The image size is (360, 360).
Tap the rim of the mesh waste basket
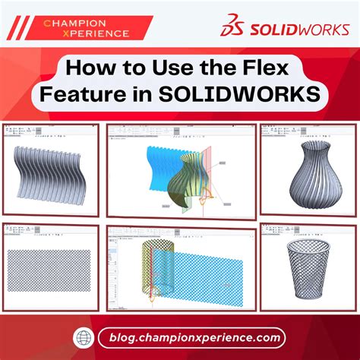[x=308, y=247]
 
